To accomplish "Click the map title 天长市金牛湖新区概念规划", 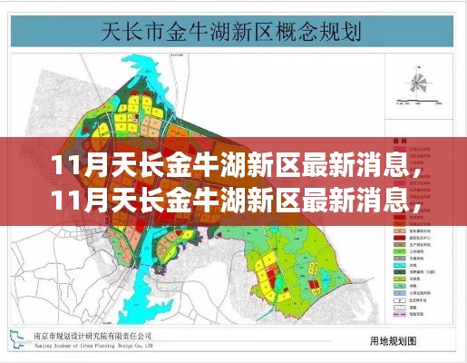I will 234,34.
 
